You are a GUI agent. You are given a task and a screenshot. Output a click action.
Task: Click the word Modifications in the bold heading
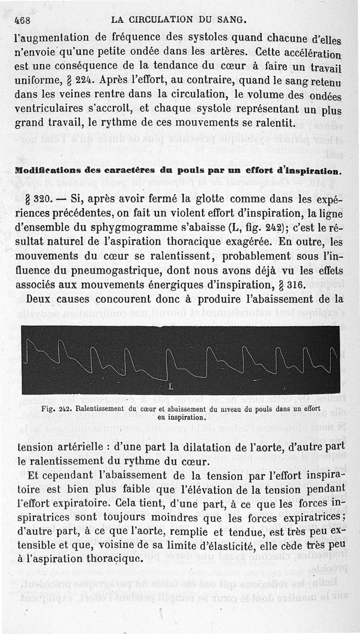(44, 171)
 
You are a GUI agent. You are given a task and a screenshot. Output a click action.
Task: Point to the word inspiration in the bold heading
(310, 171)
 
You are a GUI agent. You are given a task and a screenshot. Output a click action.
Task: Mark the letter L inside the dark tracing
(170, 386)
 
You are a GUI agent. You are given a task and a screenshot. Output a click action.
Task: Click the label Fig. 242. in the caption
(56, 409)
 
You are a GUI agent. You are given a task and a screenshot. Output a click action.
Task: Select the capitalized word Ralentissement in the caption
(99, 409)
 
